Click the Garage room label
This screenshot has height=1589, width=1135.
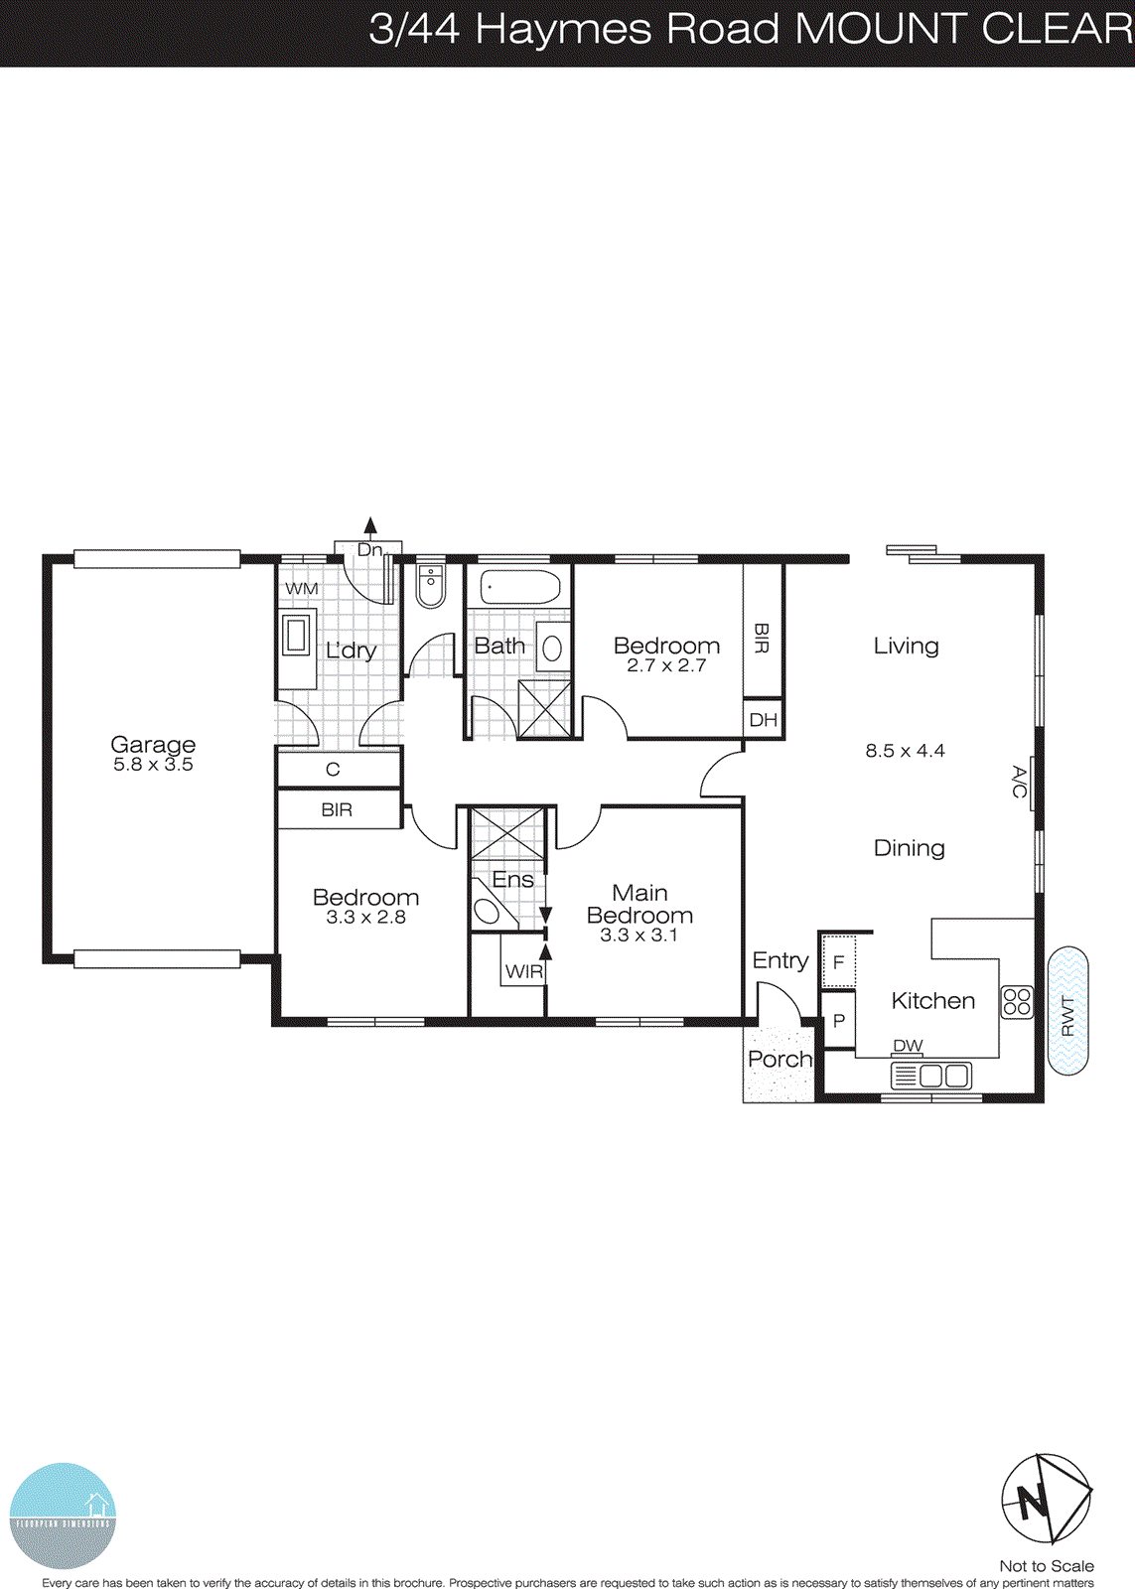point(153,745)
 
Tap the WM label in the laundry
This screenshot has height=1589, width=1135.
point(302,589)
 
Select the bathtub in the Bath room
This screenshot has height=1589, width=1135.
point(520,587)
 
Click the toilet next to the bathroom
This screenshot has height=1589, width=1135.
point(431,586)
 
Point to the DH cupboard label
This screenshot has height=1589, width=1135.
point(764,720)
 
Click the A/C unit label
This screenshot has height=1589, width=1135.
point(1019,782)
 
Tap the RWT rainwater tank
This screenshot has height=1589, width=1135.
point(1068,1011)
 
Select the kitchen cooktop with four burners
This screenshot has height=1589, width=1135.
point(1017,1001)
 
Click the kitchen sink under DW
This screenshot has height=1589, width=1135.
point(930,1076)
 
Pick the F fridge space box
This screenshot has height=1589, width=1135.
point(839,961)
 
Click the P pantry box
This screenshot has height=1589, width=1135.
point(839,1021)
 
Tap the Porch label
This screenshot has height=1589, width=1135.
point(780,1060)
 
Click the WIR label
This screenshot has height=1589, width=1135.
point(523,971)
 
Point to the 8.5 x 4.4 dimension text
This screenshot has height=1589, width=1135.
point(905,751)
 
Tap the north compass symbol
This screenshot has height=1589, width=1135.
point(1046,1500)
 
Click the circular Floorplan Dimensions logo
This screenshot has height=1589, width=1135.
point(63,1516)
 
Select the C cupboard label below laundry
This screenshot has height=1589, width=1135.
point(333,770)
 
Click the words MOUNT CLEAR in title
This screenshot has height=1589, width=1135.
point(963,29)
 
